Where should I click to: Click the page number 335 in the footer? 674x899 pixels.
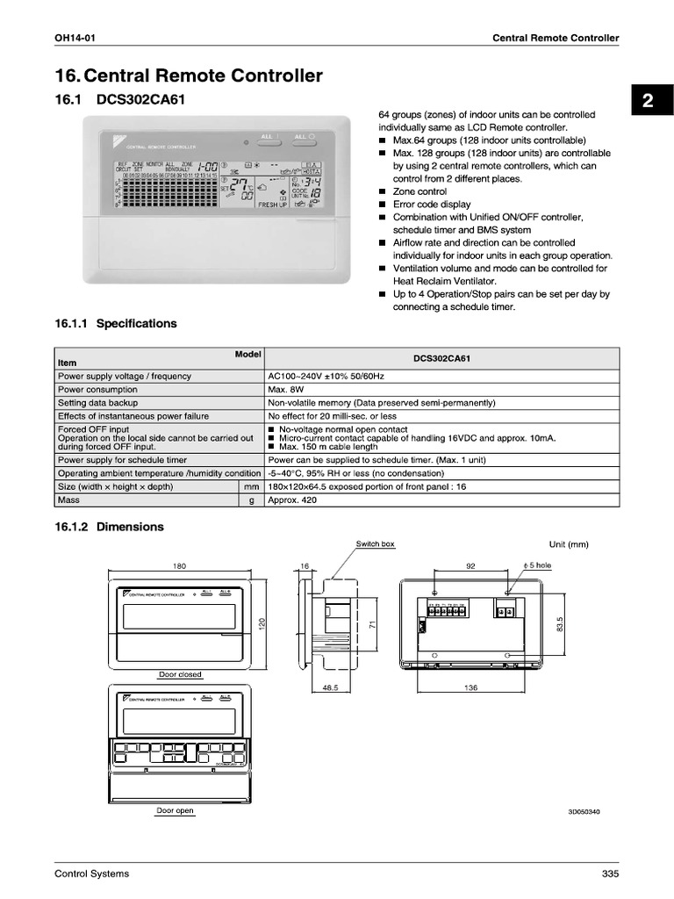click(x=610, y=874)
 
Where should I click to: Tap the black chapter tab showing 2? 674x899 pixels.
click(x=647, y=101)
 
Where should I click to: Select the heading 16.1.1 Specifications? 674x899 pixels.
click(x=115, y=324)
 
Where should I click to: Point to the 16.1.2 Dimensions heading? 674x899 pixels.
click(x=109, y=528)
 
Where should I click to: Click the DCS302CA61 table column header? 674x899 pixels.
click(x=441, y=359)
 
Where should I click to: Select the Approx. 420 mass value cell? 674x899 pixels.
click(x=293, y=500)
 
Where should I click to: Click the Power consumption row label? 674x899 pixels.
click(x=97, y=390)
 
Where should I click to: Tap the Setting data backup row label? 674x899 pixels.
click(x=97, y=403)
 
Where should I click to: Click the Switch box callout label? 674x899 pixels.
click(x=375, y=544)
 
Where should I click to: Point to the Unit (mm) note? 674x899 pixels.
click(x=569, y=544)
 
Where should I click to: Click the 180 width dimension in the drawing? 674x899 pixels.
click(x=179, y=566)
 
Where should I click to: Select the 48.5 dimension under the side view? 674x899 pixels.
click(x=330, y=688)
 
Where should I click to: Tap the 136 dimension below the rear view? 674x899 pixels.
click(x=470, y=688)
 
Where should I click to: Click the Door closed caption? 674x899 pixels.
click(x=180, y=675)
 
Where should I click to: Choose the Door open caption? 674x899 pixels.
click(x=175, y=811)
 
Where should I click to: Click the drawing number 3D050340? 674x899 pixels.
click(x=584, y=812)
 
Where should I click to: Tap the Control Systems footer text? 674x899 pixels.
click(x=91, y=874)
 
